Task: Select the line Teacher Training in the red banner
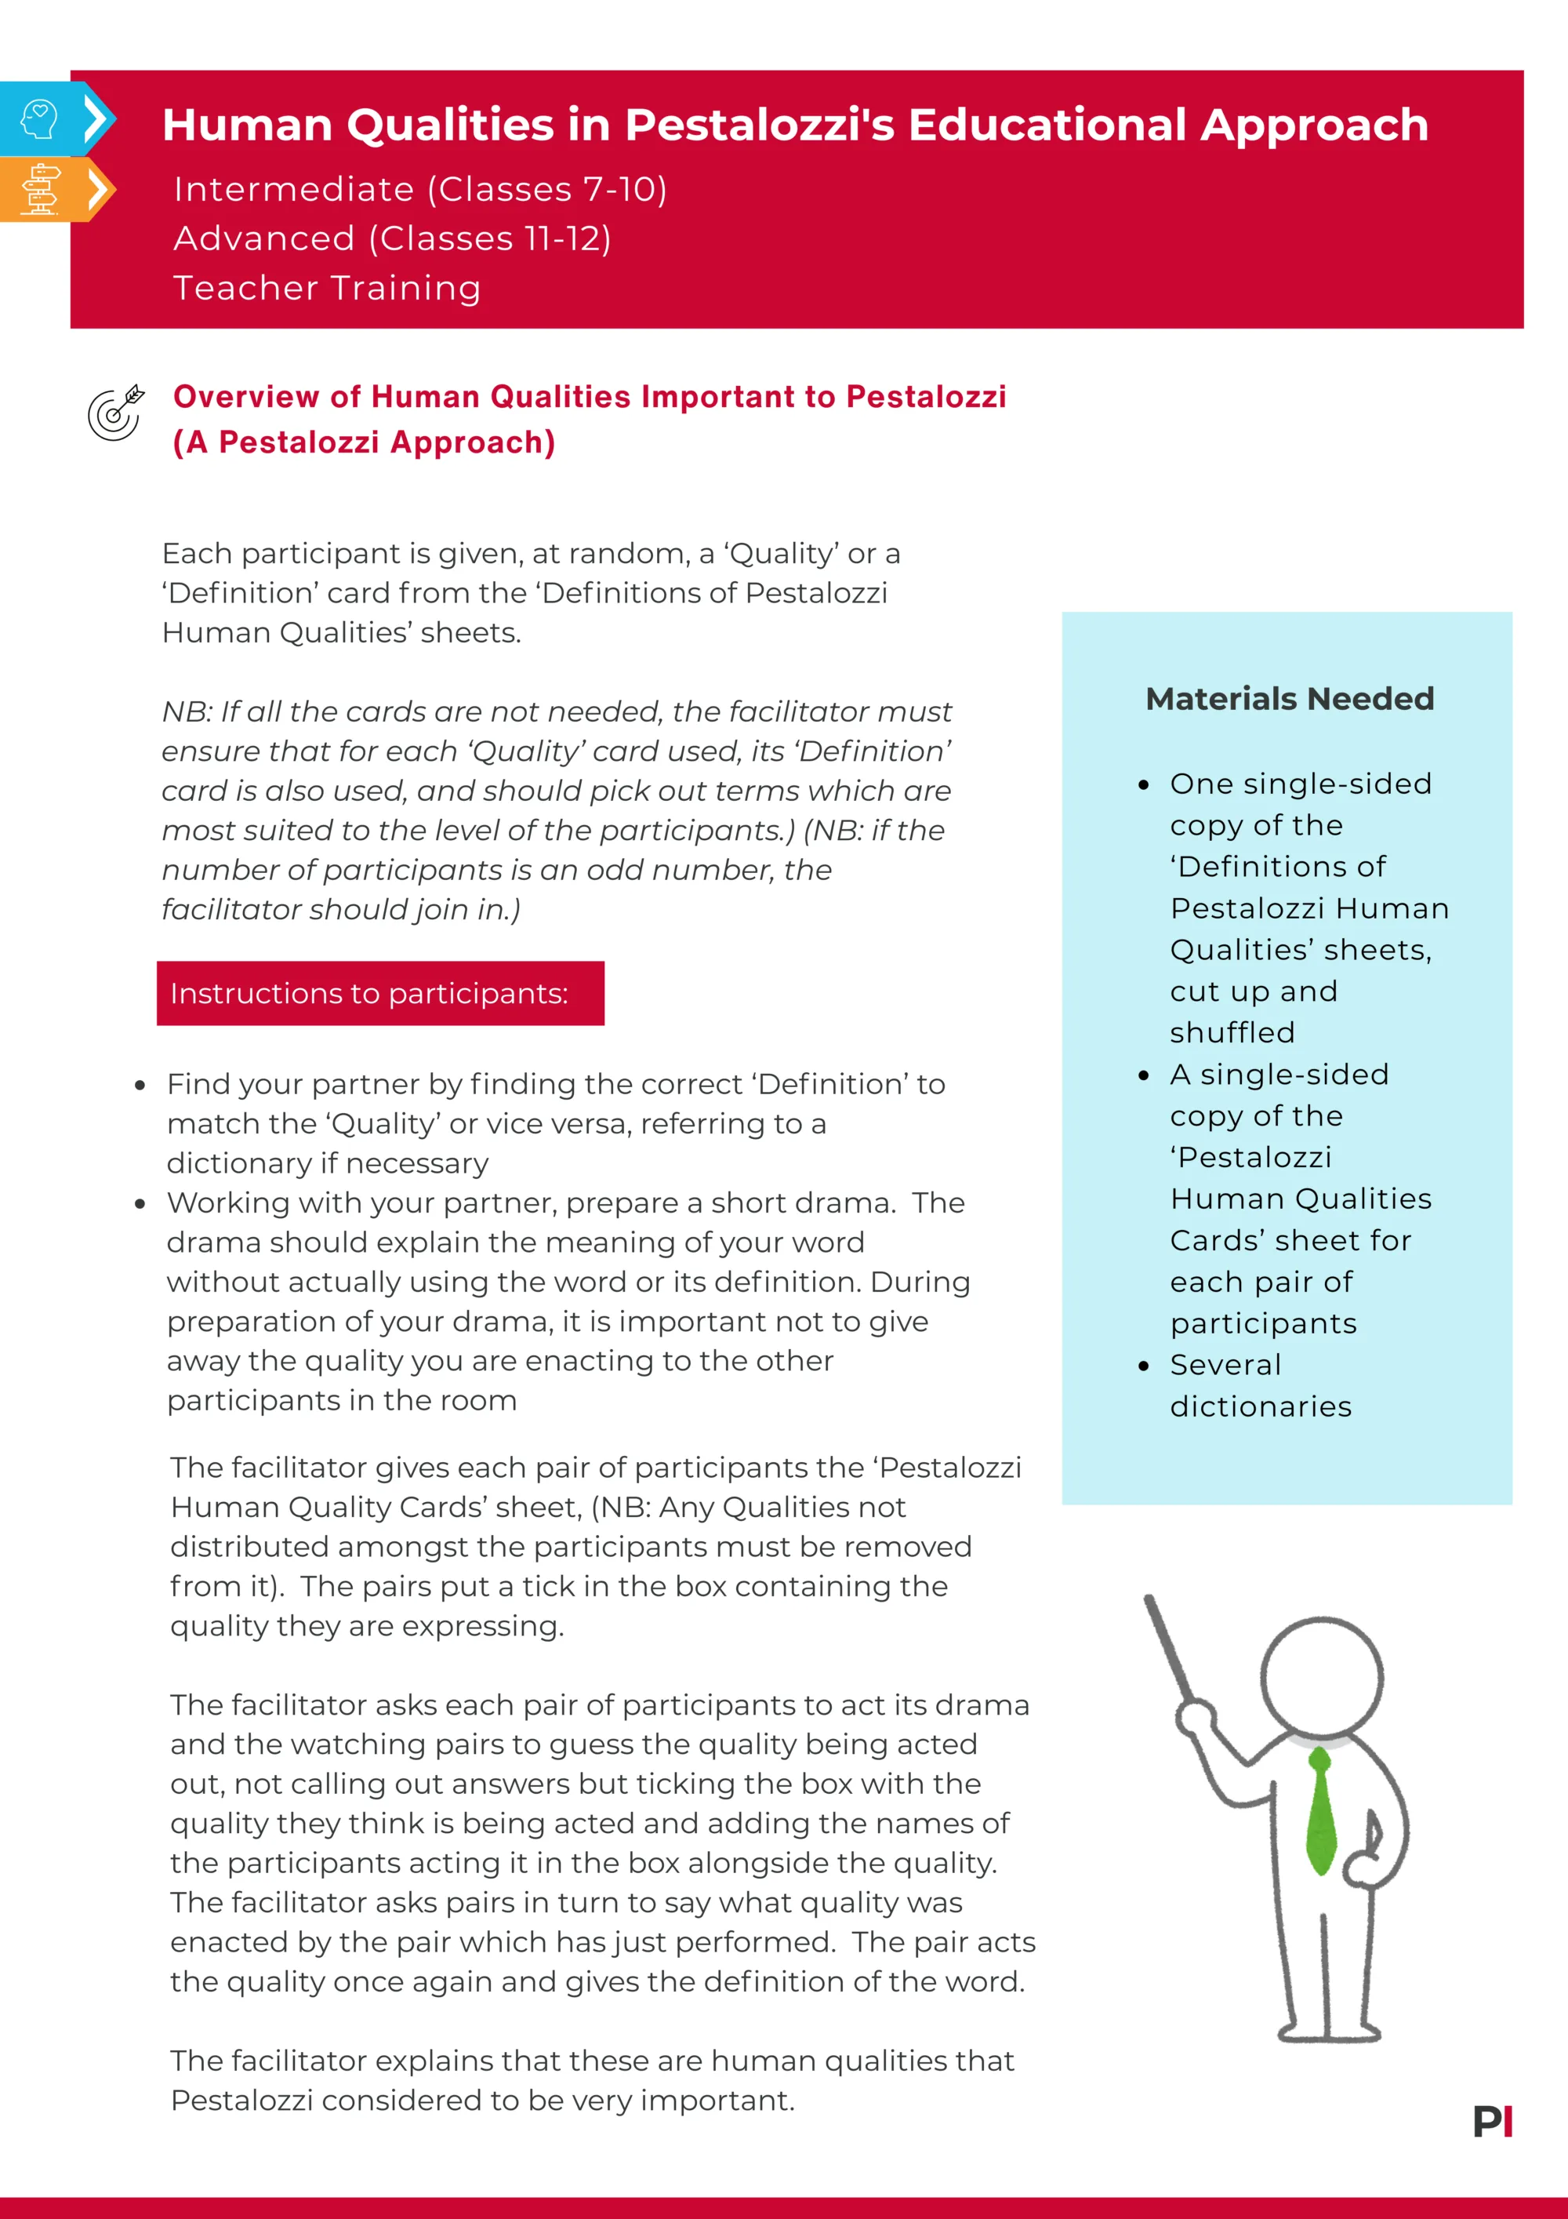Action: [x=327, y=288]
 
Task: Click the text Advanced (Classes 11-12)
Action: [x=392, y=238]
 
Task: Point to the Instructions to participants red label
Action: [x=379, y=994]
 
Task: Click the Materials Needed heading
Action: [x=1289, y=699]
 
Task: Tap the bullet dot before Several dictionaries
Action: [x=1144, y=1366]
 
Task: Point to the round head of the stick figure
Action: [x=1322, y=1679]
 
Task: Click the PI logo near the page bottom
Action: [x=1493, y=2123]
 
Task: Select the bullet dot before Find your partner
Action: [x=140, y=1086]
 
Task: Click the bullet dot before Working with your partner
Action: [x=140, y=1204]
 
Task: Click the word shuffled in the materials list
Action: [x=1232, y=1032]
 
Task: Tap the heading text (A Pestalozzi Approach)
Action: [x=365, y=442]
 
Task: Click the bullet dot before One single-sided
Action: [x=1144, y=784]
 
